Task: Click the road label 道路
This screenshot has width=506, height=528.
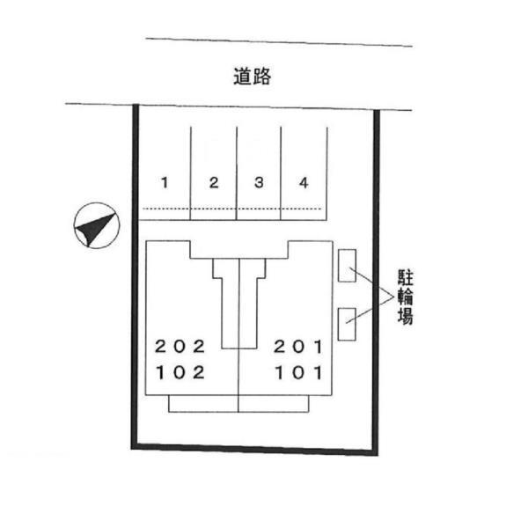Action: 253,77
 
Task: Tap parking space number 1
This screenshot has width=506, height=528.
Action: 165,183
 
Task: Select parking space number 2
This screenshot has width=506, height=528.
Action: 214,183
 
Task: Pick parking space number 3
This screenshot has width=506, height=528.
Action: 259,183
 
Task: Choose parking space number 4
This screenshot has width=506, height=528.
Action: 304,183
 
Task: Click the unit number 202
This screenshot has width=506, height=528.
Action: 180,347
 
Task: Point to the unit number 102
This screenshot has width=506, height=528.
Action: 180,373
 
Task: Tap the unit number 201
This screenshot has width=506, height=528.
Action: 298,347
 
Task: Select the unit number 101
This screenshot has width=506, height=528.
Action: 299,373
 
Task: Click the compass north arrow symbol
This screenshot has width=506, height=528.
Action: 97,225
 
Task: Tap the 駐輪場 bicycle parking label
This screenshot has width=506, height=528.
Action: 406,297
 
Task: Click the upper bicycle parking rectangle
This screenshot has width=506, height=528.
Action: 347,266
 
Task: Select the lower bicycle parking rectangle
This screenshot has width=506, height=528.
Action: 347,324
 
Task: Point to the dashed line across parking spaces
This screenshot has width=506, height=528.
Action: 232,209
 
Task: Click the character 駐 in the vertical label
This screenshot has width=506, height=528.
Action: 406,277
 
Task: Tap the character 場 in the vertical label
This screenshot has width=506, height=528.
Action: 406,316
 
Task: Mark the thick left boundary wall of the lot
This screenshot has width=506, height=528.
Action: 136,276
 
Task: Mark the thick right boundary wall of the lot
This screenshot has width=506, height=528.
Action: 376,282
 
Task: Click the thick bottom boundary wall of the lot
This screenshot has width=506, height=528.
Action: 255,449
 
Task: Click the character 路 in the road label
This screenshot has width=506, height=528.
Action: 262,77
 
